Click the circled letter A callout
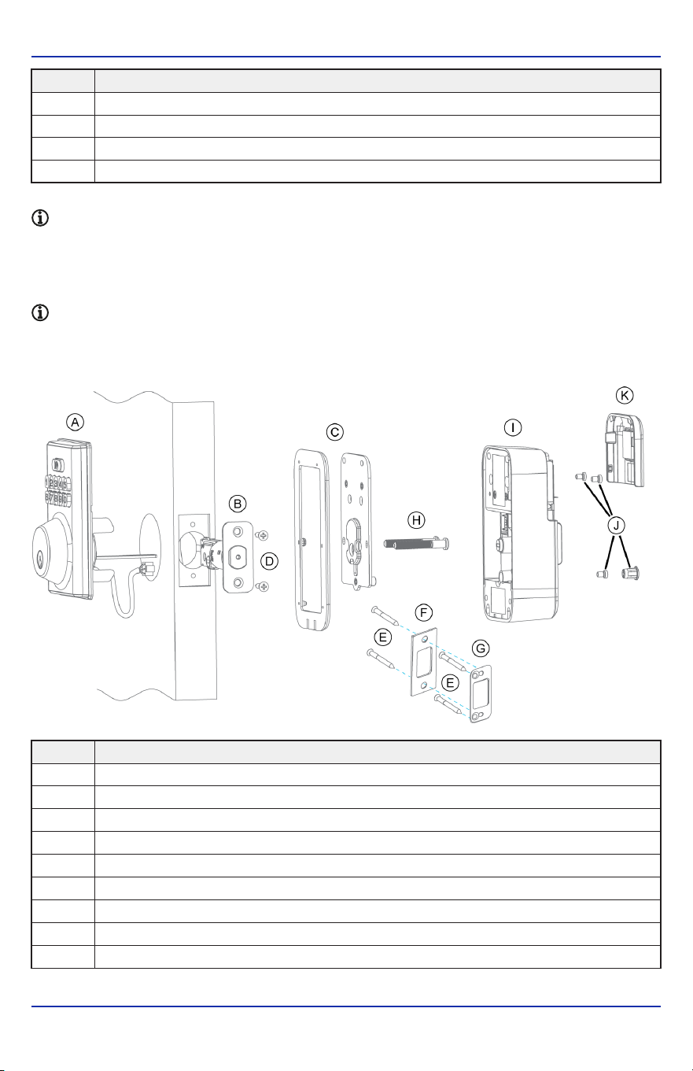click(75, 423)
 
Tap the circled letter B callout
click(238, 504)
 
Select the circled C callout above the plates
click(335, 432)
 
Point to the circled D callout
click(270, 561)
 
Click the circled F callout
click(423, 612)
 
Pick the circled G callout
click(481, 648)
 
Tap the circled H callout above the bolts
click(416, 520)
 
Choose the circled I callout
click(513, 427)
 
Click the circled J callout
click(617, 526)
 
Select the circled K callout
click(625, 395)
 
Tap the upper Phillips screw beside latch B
click(263, 535)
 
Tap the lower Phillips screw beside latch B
click(263, 586)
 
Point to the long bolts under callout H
click(416, 543)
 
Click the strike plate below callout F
click(425, 662)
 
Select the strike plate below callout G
click(481, 694)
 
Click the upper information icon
click(40, 218)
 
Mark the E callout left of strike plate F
click(382, 637)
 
